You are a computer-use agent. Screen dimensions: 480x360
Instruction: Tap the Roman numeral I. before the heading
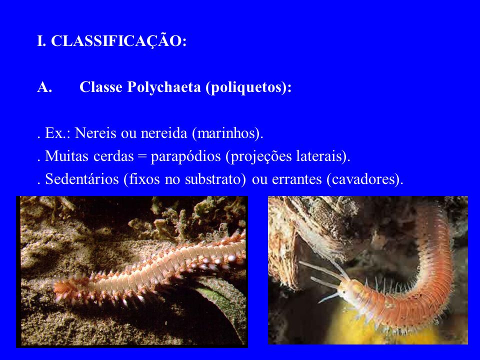click(x=41, y=40)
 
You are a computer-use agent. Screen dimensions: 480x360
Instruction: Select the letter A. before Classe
click(x=44, y=87)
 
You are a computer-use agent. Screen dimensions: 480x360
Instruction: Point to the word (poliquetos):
click(x=248, y=87)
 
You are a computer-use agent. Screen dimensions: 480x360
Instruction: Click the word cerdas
click(x=113, y=156)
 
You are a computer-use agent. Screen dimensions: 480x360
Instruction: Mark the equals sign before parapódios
click(x=142, y=156)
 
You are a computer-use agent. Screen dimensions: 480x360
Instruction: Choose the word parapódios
click(x=186, y=156)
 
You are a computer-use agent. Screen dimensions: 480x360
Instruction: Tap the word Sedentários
click(x=81, y=179)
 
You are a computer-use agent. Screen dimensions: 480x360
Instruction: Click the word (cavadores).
click(x=364, y=179)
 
